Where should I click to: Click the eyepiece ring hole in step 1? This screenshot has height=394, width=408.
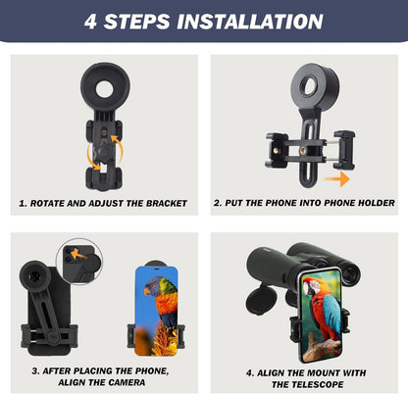pyautogui.click(x=104, y=88)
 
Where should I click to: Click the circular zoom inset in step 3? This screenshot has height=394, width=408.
pyautogui.click(x=77, y=257)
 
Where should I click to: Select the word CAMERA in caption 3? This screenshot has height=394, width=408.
pyautogui.click(x=131, y=383)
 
